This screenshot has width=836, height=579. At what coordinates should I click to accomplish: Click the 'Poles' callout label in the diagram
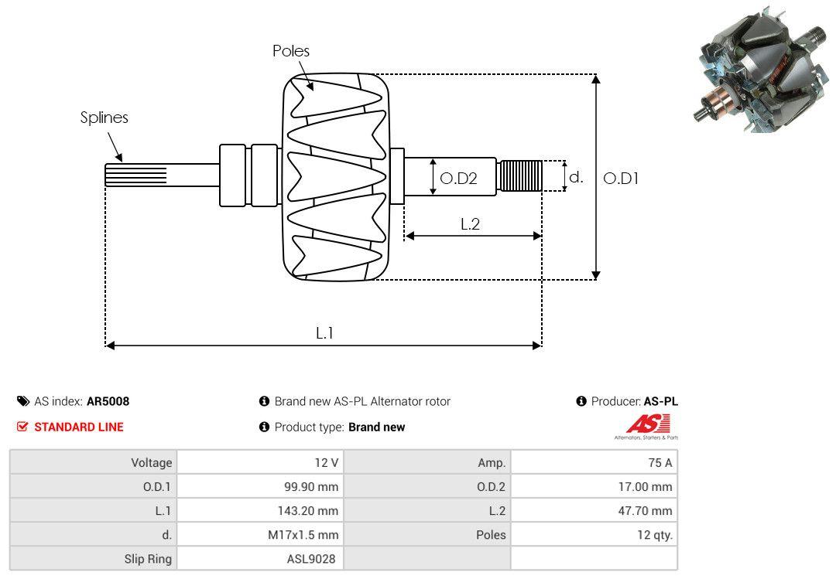[290, 51]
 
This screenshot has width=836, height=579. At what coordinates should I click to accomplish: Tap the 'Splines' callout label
[104, 118]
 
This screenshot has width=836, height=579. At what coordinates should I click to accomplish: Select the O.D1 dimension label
[621, 178]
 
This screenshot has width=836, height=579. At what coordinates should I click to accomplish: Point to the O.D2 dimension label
[458, 179]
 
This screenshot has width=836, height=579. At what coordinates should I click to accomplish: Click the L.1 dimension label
[324, 333]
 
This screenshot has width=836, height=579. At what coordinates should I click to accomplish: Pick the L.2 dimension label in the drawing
[471, 224]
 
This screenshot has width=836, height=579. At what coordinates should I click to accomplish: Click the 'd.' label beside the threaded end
[576, 177]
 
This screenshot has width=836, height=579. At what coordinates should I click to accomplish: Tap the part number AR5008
[108, 401]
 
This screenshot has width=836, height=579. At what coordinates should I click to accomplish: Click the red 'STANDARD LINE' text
[78, 427]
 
